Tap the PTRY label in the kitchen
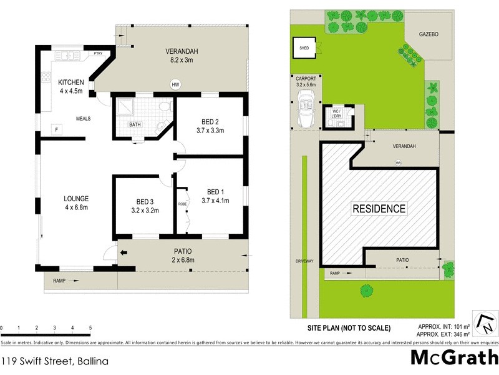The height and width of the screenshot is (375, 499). tap(97, 54)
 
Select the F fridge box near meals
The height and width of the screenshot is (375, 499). tap(57, 129)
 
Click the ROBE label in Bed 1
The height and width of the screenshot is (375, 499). tap(182, 204)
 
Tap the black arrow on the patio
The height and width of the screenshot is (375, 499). tap(124, 253)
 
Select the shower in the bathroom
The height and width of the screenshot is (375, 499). tap(124, 107)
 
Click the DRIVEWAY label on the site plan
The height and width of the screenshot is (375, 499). tap(306, 262)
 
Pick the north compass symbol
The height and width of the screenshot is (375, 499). tap(485, 323)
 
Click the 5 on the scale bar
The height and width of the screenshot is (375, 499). tap(90, 327)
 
